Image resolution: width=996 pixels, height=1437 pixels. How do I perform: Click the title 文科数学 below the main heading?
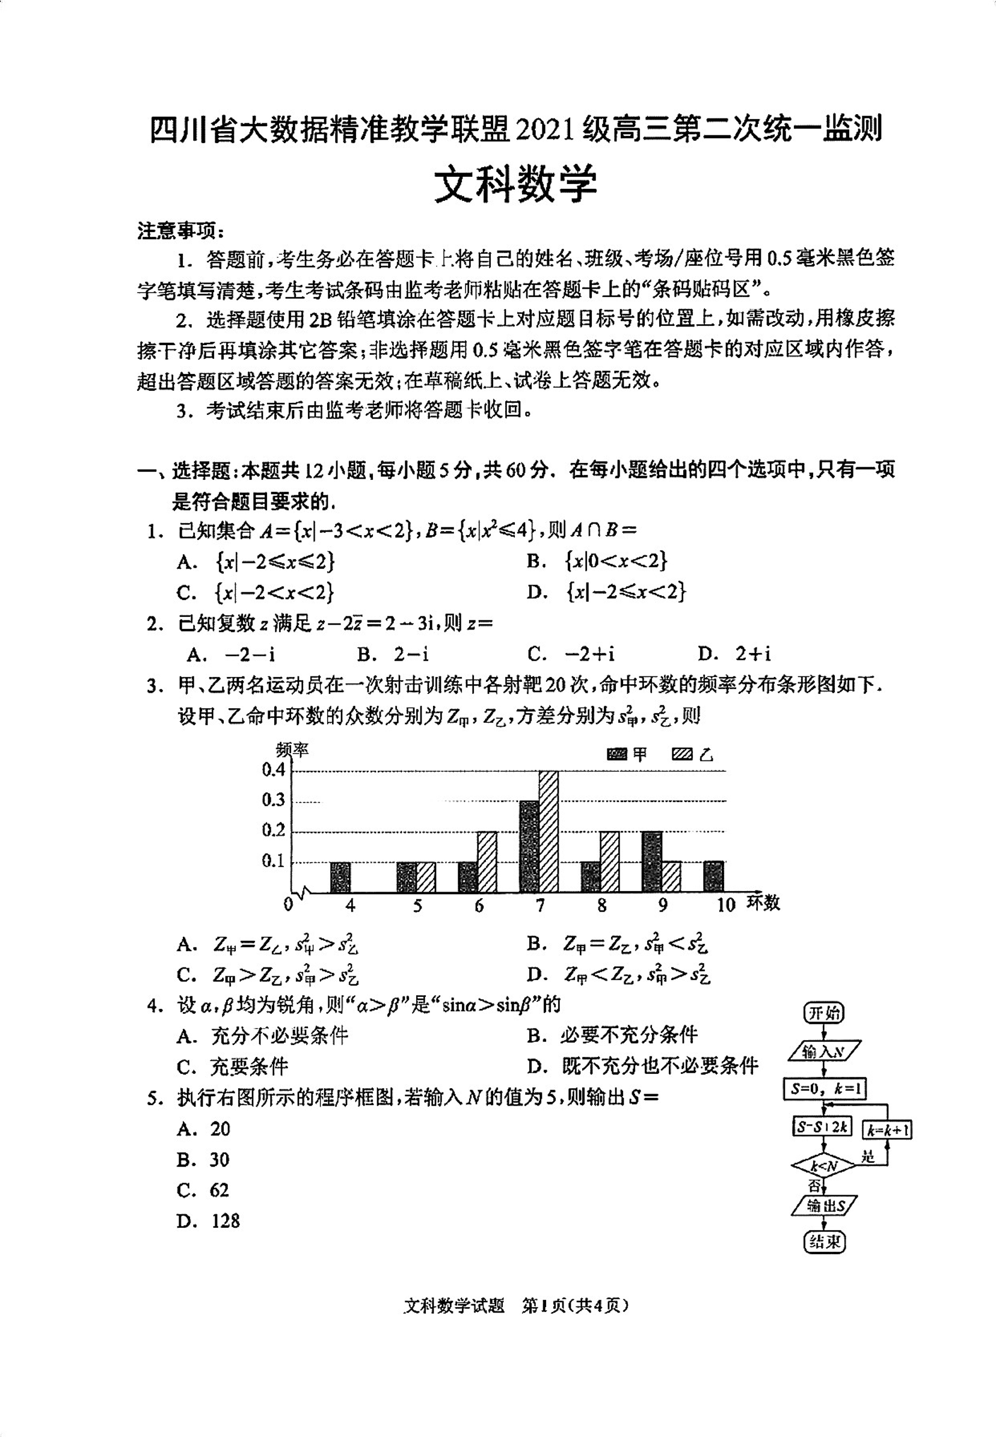coord(515,183)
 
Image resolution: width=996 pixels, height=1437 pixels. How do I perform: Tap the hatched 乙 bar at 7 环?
coord(548,832)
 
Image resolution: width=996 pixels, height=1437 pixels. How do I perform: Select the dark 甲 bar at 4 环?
coord(340,877)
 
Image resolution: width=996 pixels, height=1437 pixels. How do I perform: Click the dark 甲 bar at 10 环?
coord(713,876)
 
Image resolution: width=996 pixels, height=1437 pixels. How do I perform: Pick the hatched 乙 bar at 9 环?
coord(671,877)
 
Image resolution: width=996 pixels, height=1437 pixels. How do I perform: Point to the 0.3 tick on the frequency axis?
coord(273,800)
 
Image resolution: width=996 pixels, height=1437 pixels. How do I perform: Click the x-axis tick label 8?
coord(601,905)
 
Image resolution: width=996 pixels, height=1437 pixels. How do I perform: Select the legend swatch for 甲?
coord(616,755)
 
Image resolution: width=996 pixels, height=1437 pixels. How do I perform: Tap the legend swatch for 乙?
coord(682,755)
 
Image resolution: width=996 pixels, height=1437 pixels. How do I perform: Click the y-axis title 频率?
coord(292,749)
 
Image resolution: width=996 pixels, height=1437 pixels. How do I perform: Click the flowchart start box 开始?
coord(824,1013)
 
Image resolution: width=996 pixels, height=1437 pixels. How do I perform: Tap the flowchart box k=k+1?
coord(887,1130)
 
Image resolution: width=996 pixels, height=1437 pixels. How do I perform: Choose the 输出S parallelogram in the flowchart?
coord(824,1205)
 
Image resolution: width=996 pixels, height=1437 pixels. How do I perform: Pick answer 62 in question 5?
coord(219,1190)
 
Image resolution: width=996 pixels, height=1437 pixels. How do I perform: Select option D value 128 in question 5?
coord(226,1221)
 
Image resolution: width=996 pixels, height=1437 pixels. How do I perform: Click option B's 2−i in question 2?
coord(411,654)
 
